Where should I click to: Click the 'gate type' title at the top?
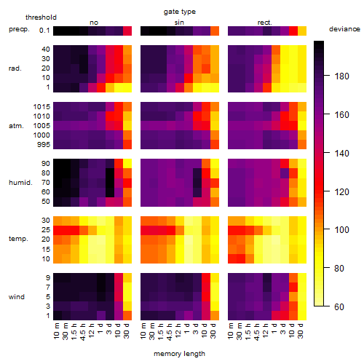(180, 12)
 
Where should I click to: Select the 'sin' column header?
(179, 23)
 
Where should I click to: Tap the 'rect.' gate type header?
(265, 23)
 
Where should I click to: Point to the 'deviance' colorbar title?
(344, 29)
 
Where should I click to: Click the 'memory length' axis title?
(179, 354)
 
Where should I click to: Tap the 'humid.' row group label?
(20, 183)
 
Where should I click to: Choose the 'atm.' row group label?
(16, 126)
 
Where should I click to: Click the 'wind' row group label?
(17, 296)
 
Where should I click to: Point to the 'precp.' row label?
(19, 29)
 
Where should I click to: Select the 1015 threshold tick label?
(41, 106)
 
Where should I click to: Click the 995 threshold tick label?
(44, 144)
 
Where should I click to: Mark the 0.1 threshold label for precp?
(44, 31)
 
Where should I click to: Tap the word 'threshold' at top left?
(41, 17)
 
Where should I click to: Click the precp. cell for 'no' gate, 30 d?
(127, 31)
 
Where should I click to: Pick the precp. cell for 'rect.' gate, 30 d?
(302, 31)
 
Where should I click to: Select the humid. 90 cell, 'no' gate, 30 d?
(127, 164)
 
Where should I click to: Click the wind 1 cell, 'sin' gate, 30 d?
(215, 315)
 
